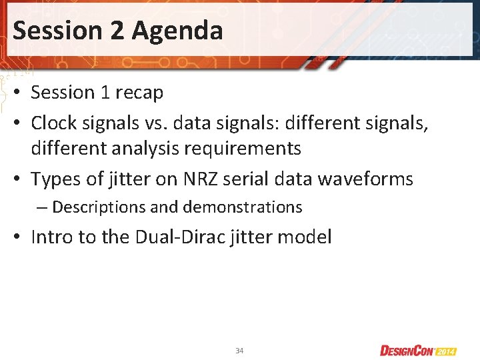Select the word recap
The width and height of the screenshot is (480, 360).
tap(139, 93)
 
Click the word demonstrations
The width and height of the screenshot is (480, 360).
tap(241, 207)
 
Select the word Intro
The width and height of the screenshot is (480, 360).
tap(52, 237)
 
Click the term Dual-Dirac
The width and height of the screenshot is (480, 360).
tap(171, 237)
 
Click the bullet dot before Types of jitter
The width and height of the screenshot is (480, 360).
tap(21, 179)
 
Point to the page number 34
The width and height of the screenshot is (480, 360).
tap(239, 351)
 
